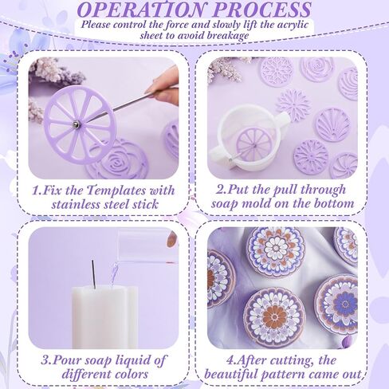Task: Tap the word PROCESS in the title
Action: click(x=262, y=10)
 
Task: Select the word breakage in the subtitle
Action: click(x=227, y=36)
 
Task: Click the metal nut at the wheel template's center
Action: click(x=76, y=124)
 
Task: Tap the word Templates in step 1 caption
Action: click(x=117, y=191)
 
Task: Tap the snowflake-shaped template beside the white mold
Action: click(x=294, y=105)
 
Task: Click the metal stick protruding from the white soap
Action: click(x=93, y=273)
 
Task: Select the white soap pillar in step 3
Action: click(x=104, y=317)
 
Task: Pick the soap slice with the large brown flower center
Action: click(x=275, y=317)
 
